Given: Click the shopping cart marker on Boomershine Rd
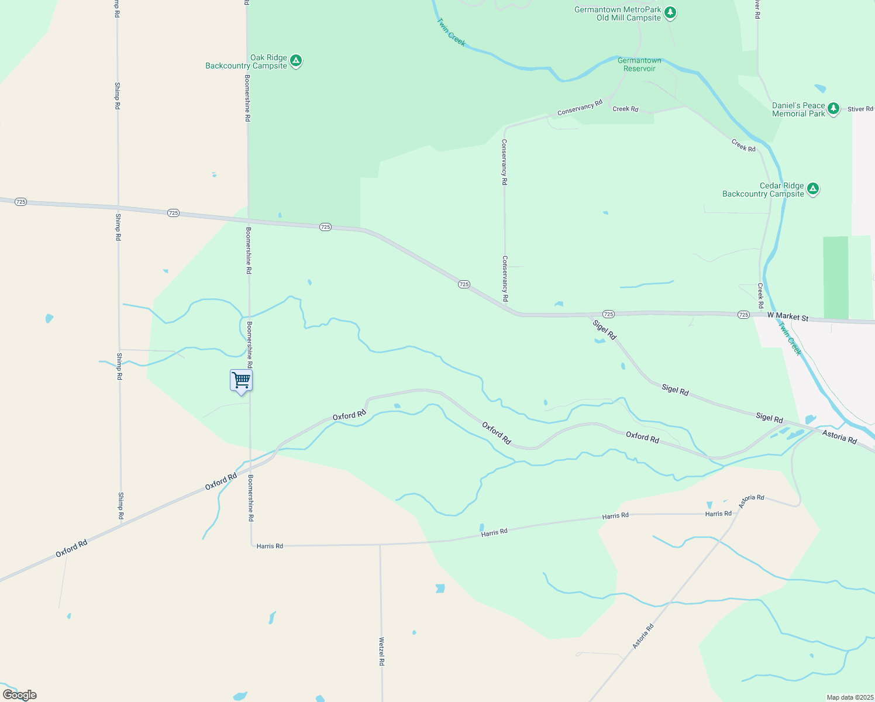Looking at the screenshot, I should [x=241, y=381].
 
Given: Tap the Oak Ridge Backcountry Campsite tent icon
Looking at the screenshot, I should [x=296, y=61].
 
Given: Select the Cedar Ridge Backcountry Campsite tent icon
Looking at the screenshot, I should [x=812, y=189].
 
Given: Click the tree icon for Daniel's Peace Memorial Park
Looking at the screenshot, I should [x=833, y=109].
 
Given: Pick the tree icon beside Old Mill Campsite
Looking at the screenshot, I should [x=670, y=13].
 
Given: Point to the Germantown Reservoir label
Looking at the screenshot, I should [x=639, y=64].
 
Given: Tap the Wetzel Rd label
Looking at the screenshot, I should [x=381, y=651].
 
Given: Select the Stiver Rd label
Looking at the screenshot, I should [x=860, y=109].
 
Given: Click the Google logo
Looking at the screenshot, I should [x=20, y=695].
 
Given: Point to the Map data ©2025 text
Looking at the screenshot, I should [x=849, y=697].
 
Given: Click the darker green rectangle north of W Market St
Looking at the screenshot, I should [x=835, y=277].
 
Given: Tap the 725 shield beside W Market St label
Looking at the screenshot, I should [x=743, y=315].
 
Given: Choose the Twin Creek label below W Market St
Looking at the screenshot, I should [x=790, y=338].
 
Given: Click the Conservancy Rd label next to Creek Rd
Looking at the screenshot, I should [x=580, y=108].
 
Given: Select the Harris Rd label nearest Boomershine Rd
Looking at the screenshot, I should [x=270, y=546].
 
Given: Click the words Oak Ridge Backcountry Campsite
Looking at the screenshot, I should [x=246, y=62].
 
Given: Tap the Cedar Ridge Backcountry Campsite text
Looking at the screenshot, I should [x=763, y=190].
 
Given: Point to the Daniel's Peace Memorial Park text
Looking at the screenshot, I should [x=798, y=110].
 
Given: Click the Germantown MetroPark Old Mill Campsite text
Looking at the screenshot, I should [x=618, y=14].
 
